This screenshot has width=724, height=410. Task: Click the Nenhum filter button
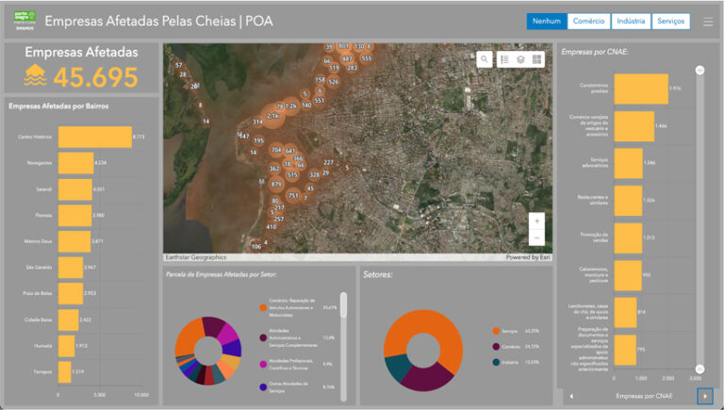[x=547, y=21]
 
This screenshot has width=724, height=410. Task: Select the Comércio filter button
[x=589, y=21]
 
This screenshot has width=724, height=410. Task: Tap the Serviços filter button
[x=670, y=21]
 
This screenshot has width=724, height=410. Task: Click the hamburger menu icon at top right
[x=708, y=21]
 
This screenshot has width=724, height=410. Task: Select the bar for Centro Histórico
[x=95, y=138]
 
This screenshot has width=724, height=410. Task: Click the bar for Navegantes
[x=76, y=163]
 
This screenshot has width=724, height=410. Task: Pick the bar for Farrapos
[x=65, y=372]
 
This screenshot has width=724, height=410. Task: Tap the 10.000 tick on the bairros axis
[x=141, y=395]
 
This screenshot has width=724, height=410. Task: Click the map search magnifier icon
[x=485, y=59]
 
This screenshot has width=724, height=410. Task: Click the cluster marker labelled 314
[x=257, y=123]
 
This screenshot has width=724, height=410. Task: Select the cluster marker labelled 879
[x=276, y=185]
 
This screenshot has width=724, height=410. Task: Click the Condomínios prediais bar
[x=641, y=89]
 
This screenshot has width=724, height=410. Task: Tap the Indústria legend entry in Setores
[x=511, y=362]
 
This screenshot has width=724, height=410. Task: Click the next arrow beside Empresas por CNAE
[x=703, y=396]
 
